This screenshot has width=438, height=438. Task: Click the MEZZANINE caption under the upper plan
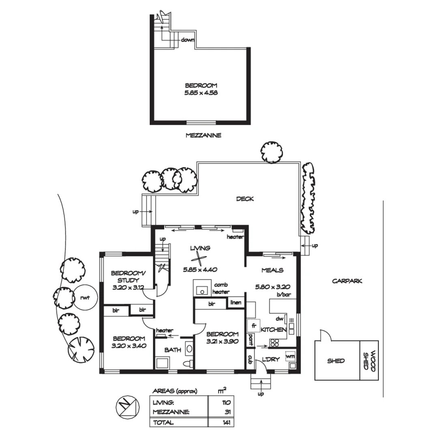tap(203, 135)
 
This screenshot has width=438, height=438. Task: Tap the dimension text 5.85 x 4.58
tap(201, 93)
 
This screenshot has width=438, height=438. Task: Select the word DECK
tap(245, 199)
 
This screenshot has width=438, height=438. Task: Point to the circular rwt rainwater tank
tap(85, 298)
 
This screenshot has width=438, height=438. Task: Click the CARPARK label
tap(347, 281)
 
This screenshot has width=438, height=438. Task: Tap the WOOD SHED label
tap(369, 360)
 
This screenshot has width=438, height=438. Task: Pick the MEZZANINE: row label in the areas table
tap(171, 412)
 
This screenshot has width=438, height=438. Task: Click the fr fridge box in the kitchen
tap(253, 326)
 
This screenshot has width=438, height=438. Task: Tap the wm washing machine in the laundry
tap(290, 356)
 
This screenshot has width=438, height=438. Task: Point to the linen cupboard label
tap(236, 303)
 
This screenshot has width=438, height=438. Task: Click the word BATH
tap(172, 350)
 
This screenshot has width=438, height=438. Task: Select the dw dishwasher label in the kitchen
tap(279, 318)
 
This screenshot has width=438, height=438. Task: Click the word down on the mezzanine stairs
tap(188, 40)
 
